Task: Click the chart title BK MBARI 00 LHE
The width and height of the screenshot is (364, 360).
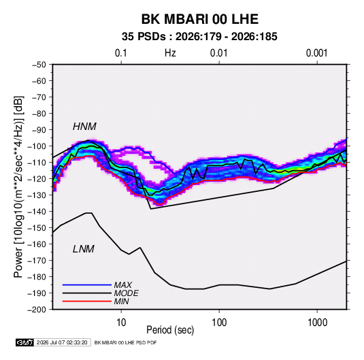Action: point(200,19)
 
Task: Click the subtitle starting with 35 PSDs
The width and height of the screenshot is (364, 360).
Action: point(199,37)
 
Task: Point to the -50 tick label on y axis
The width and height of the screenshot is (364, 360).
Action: point(39,65)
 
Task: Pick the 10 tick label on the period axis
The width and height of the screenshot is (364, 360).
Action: point(121,323)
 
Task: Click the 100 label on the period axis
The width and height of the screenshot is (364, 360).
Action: point(219,323)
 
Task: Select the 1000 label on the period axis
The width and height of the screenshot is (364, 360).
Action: point(317,323)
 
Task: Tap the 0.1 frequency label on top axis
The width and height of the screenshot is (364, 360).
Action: point(121,53)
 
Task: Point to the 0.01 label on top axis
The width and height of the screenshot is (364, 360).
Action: point(219,53)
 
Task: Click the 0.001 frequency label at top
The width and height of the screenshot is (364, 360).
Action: point(317,53)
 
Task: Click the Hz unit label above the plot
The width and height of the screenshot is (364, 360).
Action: point(170,53)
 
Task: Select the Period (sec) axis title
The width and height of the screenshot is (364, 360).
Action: point(170,330)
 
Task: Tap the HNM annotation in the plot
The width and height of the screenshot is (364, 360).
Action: point(84,127)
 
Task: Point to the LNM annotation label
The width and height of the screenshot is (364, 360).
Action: point(84,249)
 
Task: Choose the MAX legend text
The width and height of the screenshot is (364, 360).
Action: point(122,285)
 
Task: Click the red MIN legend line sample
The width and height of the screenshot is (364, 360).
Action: point(87,301)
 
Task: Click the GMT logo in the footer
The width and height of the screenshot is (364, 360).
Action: point(24,342)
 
